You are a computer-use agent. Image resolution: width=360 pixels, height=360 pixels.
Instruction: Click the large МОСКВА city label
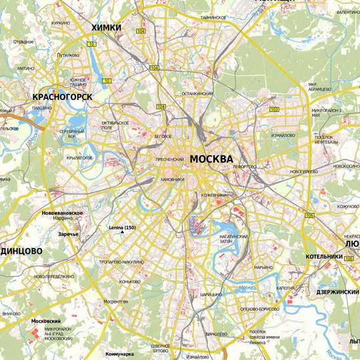[x=211, y=159]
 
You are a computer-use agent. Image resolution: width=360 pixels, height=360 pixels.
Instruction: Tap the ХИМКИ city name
[x=106, y=27]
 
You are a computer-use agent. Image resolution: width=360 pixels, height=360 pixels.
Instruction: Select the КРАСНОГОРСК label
[x=61, y=97]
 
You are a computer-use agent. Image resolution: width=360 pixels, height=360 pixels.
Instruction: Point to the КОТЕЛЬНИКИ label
[x=324, y=256]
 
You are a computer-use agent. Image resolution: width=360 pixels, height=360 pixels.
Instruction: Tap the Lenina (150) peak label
[x=122, y=228]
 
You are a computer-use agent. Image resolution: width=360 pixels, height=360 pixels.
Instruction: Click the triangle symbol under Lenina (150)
[x=122, y=234]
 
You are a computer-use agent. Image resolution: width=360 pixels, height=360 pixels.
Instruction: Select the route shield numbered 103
[x=274, y=109]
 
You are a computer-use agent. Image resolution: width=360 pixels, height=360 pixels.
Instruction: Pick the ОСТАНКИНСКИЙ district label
[x=197, y=94]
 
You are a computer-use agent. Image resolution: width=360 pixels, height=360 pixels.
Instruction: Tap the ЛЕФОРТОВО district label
[x=245, y=166]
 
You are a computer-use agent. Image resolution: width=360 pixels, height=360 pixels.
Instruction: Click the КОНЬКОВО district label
[x=130, y=281]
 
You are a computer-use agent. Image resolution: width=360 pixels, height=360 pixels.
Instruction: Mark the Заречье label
[x=68, y=234]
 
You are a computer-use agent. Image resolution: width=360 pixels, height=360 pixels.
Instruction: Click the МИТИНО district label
[x=25, y=69]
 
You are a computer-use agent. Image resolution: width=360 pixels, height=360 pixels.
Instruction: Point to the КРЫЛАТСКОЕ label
[x=80, y=158]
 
